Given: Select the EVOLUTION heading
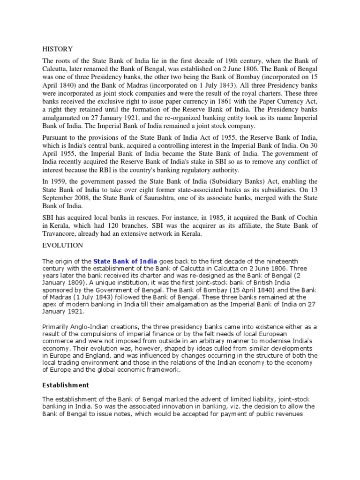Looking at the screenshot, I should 62,245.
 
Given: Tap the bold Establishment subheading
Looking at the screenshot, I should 65,385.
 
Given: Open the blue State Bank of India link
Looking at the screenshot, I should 125,261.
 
